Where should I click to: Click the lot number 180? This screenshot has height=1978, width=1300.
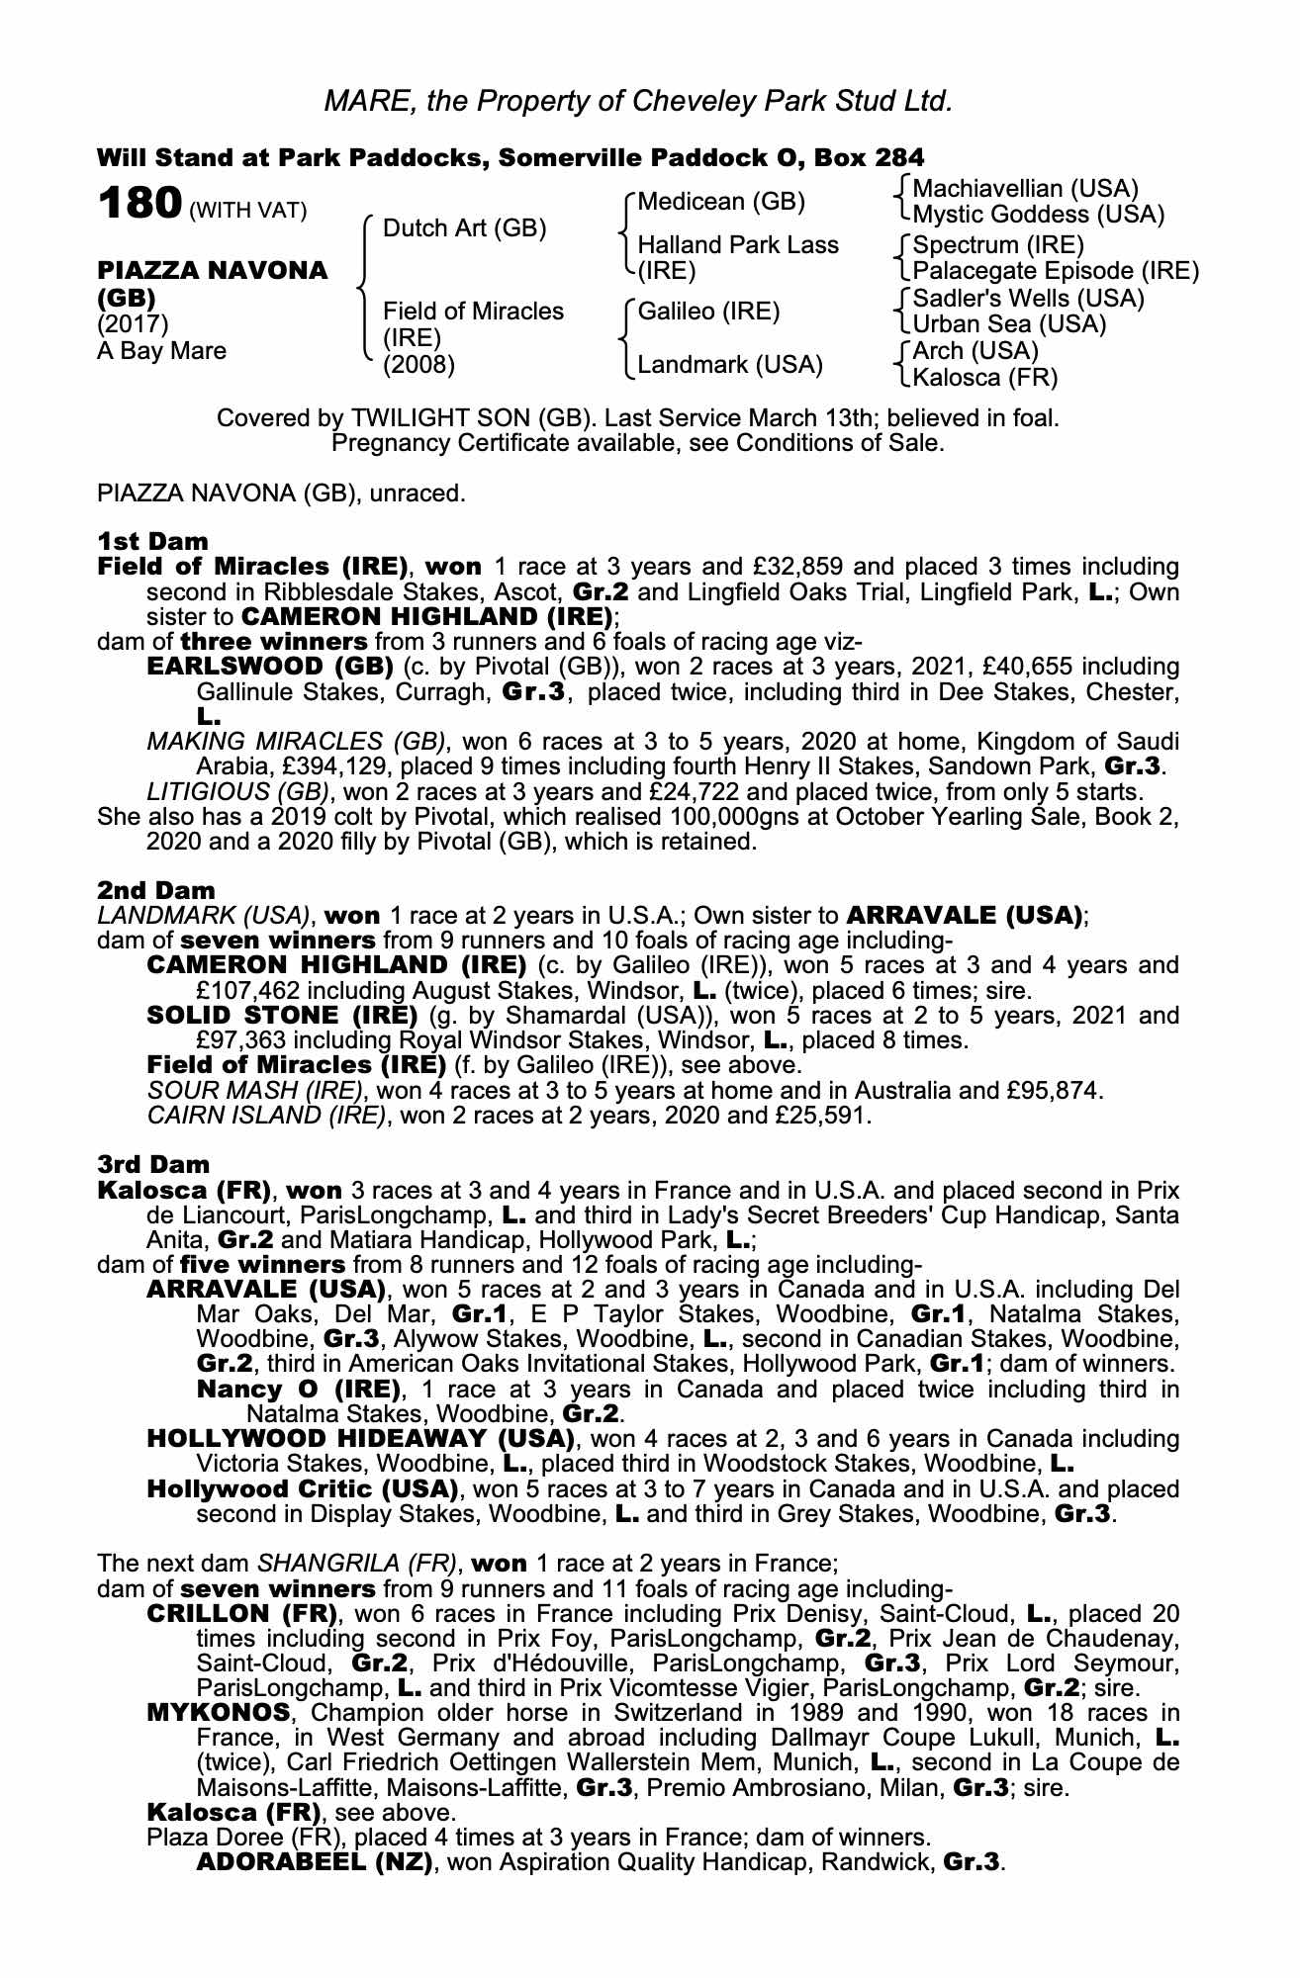[x=139, y=204]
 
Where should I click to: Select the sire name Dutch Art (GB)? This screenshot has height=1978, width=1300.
[x=464, y=228]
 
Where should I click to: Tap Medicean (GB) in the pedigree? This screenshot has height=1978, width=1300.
[x=721, y=202]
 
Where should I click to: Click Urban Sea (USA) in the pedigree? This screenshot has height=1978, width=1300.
[x=1009, y=323]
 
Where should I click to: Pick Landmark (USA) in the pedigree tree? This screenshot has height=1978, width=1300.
[x=730, y=364]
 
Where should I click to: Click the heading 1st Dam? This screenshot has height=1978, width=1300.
[x=153, y=541]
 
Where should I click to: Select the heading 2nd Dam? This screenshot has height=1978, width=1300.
[x=156, y=890]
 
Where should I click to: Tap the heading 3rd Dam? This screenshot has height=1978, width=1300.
[x=154, y=1164]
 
